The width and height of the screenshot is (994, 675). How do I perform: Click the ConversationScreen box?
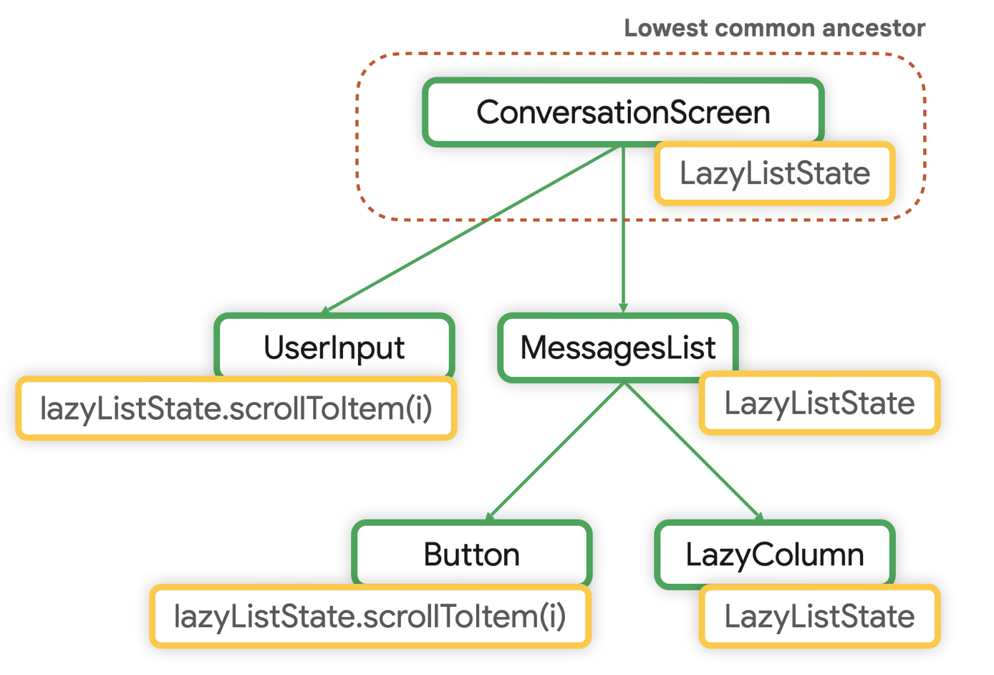(x=622, y=112)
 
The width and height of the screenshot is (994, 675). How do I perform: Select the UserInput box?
(x=334, y=347)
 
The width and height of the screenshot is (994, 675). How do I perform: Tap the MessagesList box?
(x=617, y=347)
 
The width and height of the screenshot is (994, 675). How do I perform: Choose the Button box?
(x=471, y=554)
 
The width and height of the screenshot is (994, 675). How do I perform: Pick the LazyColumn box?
(x=774, y=554)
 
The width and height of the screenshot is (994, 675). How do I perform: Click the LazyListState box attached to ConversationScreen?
(x=774, y=173)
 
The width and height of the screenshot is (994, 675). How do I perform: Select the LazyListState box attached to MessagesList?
(x=819, y=403)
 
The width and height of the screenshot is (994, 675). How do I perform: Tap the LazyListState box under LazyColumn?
(x=819, y=616)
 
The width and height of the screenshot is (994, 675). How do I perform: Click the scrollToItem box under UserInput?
(x=236, y=408)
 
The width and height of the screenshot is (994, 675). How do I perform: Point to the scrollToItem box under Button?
(x=370, y=616)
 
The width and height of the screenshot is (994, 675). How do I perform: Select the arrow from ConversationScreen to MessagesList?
(x=624, y=229)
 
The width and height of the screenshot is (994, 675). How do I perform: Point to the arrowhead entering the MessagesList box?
(x=624, y=308)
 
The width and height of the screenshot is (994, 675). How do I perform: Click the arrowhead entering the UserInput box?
(x=326, y=310)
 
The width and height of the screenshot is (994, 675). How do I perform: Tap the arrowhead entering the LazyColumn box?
(x=759, y=516)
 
